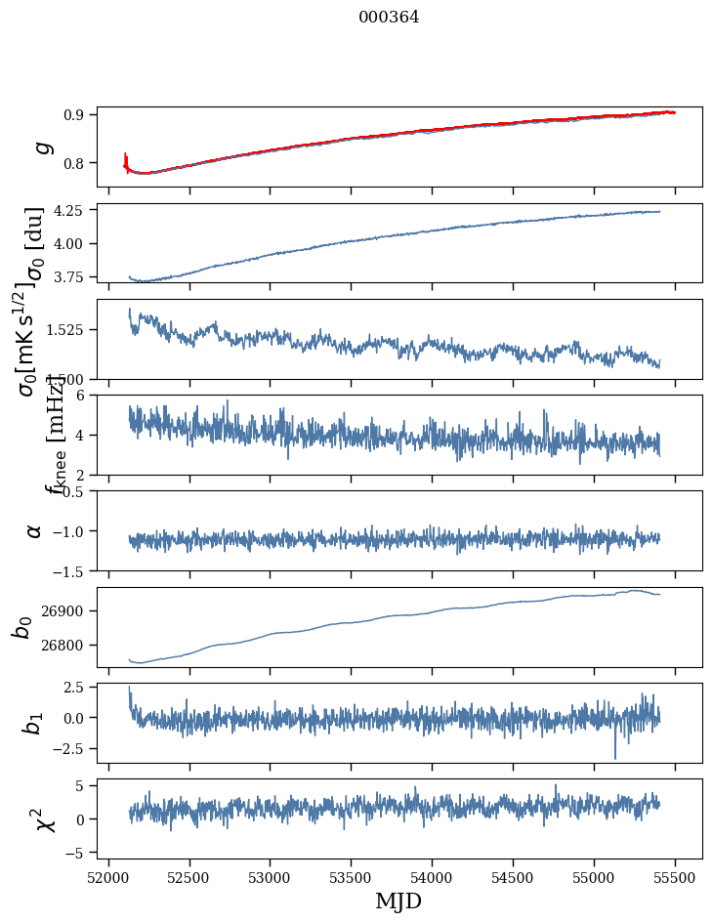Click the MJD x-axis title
coord(399,901)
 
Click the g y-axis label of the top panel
coord(41,147)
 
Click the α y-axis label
coord(35,529)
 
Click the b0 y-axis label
coord(23,627)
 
